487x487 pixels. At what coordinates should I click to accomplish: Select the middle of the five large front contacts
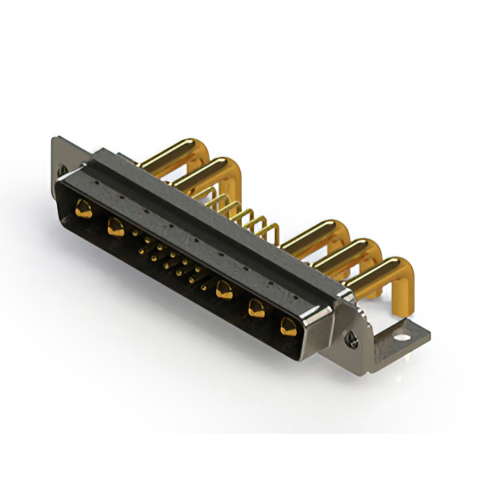(x=224, y=288)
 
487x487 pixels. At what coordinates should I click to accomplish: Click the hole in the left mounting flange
(x=62, y=169)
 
